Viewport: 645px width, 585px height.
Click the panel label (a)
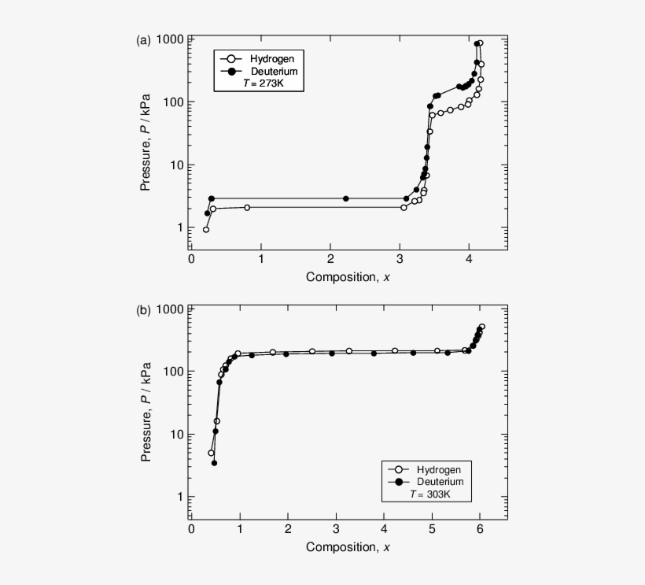(x=143, y=40)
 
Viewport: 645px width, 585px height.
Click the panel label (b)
(x=143, y=309)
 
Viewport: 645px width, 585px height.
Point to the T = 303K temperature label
(x=429, y=494)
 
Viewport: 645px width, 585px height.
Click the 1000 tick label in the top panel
(x=170, y=40)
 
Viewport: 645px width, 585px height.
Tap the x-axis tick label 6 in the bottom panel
(x=481, y=530)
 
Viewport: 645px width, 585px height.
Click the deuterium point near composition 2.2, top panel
(x=345, y=198)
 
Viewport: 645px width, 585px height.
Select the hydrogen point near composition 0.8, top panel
(x=247, y=207)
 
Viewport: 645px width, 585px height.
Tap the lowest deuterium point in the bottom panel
(x=214, y=463)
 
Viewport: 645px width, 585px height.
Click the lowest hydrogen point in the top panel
(x=206, y=229)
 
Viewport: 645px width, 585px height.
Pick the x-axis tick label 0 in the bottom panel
(x=191, y=530)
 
